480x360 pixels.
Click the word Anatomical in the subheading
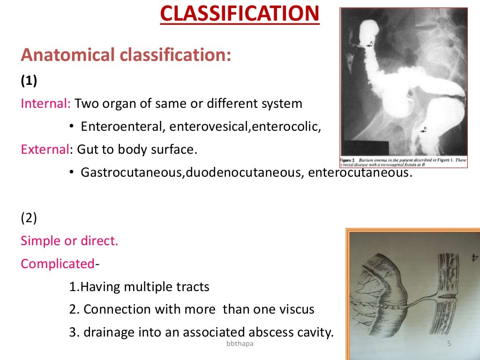coord(67,55)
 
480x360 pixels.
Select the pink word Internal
coord(45,104)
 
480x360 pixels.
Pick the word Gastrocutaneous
coord(133,172)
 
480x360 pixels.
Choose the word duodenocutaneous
coord(244,172)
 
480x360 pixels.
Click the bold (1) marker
coord(29,81)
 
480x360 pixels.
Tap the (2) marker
coord(29,218)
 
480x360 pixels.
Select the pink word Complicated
coord(58,264)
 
